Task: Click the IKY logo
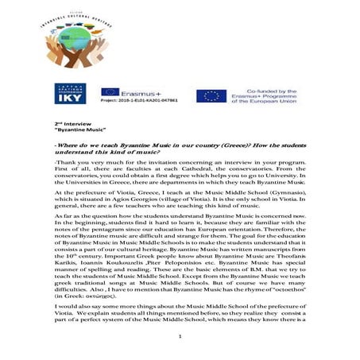tap(70, 94)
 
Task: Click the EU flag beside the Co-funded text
tap(211, 95)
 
